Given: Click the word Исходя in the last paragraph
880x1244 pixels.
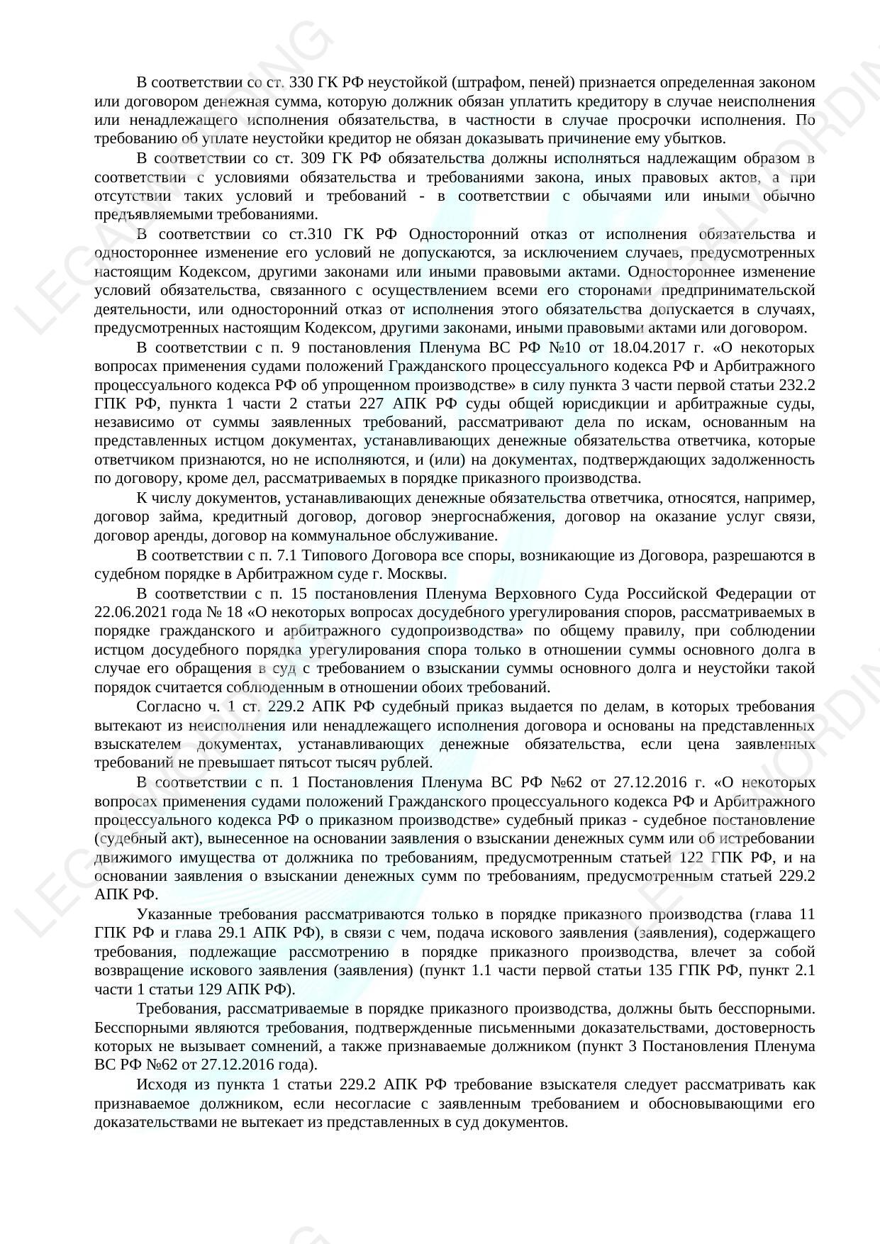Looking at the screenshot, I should coord(160,1084).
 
